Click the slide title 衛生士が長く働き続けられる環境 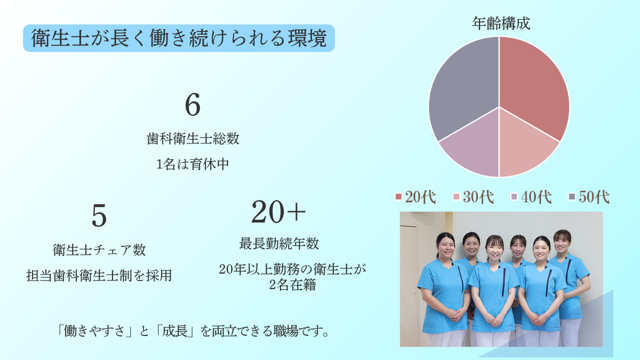[179, 38]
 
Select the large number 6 [193, 105]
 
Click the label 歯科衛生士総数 [193, 139]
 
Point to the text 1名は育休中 [193, 164]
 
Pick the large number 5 [99, 216]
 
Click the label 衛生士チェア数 [99, 250]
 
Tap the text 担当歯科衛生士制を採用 [99, 276]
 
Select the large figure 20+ [278, 213]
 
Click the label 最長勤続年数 [278, 244]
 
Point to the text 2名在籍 [293, 285]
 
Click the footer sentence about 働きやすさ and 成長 [193, 331]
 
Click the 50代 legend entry [589, 197]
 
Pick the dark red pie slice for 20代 [533, 85]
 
